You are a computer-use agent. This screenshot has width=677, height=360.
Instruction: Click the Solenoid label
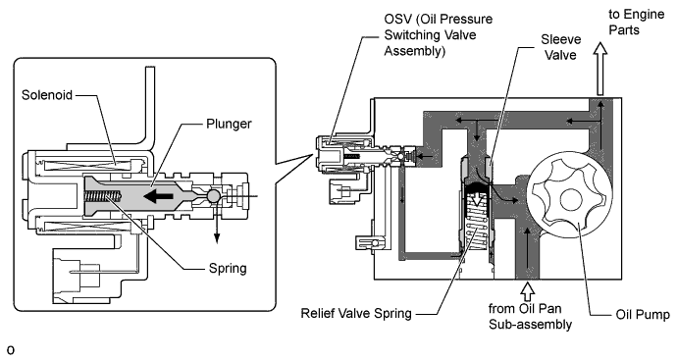click(47, 95)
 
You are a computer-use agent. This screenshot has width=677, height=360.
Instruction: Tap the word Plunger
click(229, 124)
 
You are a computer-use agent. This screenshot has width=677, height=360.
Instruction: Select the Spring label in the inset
click(228, 269)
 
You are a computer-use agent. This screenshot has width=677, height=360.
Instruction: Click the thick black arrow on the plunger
click(158, 197)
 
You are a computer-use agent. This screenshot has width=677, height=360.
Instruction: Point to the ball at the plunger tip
click(214, 196)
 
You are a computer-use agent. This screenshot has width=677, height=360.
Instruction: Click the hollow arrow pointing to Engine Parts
click(599, 69)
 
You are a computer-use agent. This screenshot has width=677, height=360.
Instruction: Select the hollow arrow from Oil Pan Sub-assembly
click(527, 291)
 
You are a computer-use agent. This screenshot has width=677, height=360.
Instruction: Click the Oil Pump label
click(643, 315)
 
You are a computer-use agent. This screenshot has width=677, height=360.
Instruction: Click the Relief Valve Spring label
click(356, 313)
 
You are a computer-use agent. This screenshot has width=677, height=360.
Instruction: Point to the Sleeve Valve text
click(561, 47)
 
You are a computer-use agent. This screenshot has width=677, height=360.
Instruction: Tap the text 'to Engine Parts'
click(637, 22)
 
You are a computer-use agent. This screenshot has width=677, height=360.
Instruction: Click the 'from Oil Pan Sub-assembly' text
click(530, 317)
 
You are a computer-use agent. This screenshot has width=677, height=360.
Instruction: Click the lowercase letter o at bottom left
click(11, 350)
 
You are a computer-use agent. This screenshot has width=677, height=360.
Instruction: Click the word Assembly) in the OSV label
click(414, 51)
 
